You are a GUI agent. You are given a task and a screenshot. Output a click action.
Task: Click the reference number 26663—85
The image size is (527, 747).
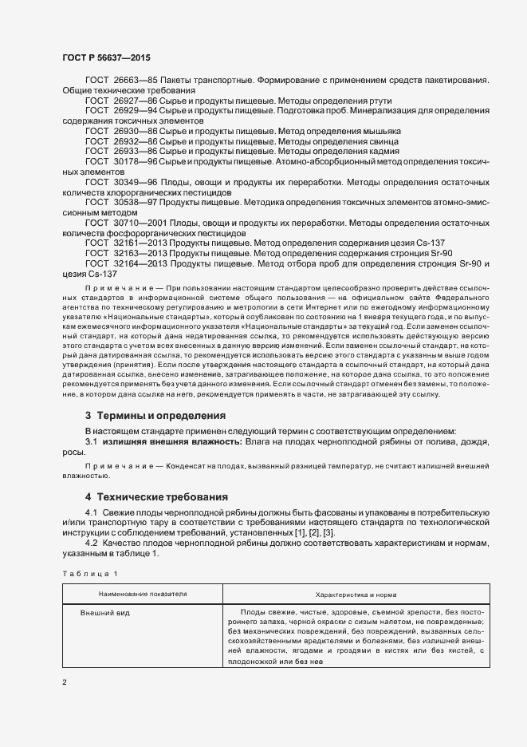coord(136,81)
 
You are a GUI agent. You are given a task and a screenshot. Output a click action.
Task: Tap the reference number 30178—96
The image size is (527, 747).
coord(136,161)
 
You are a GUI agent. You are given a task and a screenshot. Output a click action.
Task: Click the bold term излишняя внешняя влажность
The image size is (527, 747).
coord(166,441)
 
